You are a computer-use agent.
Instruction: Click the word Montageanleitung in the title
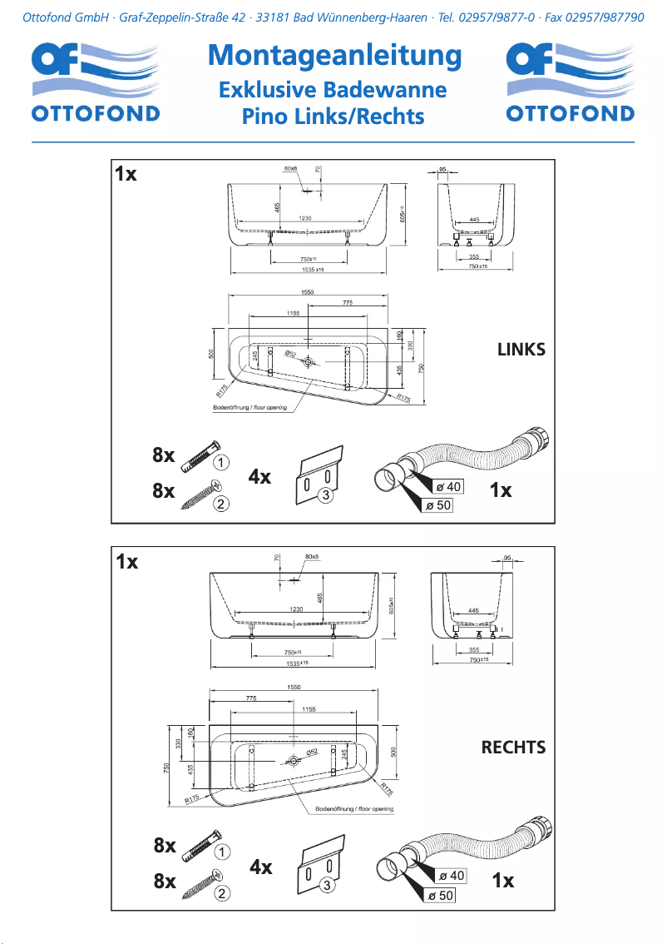tap(333, 57)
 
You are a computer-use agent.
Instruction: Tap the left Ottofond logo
tap(96, 83)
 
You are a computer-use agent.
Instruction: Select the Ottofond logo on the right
tap(570, 83)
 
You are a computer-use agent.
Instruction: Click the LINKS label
tap(521, 350)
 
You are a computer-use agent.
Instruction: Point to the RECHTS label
tap(513, 748)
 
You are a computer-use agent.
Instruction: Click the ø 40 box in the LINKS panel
tap(448, 486)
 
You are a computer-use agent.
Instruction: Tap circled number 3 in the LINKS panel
tap(327, 495)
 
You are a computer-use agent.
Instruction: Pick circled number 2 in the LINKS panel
tap(221, 503)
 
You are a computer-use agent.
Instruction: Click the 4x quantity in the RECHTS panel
tap(261, 867)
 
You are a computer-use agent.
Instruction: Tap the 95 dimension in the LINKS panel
tap(443, 170)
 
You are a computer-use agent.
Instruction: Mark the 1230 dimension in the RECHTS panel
tap(297, 609)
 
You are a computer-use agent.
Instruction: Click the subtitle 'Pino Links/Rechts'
tap(333, 117)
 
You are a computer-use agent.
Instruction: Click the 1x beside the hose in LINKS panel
tap(501, 490)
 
